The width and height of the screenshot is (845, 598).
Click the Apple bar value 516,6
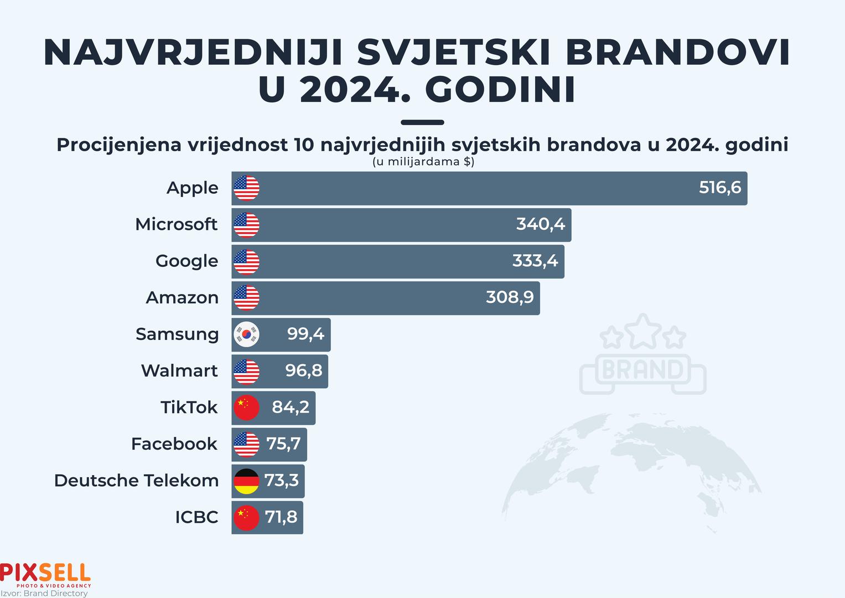pyautogui.click(x=719, y=188)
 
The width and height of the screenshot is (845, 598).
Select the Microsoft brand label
pyautogui.click(x=176, y=224)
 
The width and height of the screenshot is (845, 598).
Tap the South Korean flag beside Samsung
pyautogui.click(x=246, y=334)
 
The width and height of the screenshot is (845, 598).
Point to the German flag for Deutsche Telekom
pyautogui.click(x=246, y=481)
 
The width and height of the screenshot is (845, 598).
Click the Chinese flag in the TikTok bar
pyautogui.click(x=246, y=408)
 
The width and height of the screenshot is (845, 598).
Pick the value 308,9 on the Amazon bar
pyautogui.click(x=510, y=297)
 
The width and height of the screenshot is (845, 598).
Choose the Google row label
pyautogui.click(x=186, y=261)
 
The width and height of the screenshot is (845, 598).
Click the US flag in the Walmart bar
pyautogui.click(x=246, y=371)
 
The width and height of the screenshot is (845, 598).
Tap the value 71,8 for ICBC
pyautogui.click(x=281, y=517)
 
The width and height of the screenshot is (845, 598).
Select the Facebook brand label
pyautogui.click(x=174, y=444)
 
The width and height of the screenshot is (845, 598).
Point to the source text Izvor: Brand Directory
pyautogui.click(x=44, y=594)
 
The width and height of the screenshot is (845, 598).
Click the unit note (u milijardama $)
pyautogui.click(x=423, y=162)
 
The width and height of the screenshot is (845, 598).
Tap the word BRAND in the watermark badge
pyautogui.click(x=642, y=370)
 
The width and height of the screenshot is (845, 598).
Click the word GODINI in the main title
pyautogui.click(x=501, y=90)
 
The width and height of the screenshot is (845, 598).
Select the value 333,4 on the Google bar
pyautogui.click(x=535, y=261)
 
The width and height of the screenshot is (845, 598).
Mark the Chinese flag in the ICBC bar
pyautogui.click(x=246, y=518)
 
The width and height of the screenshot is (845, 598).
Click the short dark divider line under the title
pyautogui.click(x=422, y=122)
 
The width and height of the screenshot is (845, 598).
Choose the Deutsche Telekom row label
pyautogui.click(x=136, y=481)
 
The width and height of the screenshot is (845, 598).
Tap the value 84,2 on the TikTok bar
pyautogui.click(x=291, y=408)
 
